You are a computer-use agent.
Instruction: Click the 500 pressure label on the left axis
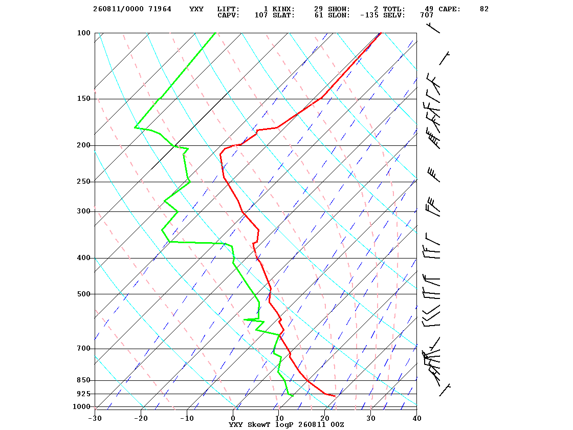tap(84, 294)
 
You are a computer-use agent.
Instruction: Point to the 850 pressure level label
tap(84, 380)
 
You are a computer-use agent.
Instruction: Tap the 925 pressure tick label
tap(84, 394)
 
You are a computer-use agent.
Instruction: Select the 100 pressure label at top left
tap(84, 33)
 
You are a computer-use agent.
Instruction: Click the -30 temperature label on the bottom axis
tap(95, 418)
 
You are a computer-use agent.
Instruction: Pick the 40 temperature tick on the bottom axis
tap(417, 418)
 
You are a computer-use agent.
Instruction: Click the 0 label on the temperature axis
tap(233, 418)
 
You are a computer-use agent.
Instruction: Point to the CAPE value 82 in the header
tap(484, 9)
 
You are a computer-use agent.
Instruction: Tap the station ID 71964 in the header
tap(160, 9)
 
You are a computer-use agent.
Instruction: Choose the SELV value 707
tap(427, 15)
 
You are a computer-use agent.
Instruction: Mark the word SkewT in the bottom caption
tap(259, 424)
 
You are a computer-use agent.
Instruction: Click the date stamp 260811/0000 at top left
tap(118, 9)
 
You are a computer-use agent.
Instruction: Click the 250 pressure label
tap(84, 182)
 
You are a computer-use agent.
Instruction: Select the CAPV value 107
tap(261, 15)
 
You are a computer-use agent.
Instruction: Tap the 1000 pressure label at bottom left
tap(81, 406)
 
